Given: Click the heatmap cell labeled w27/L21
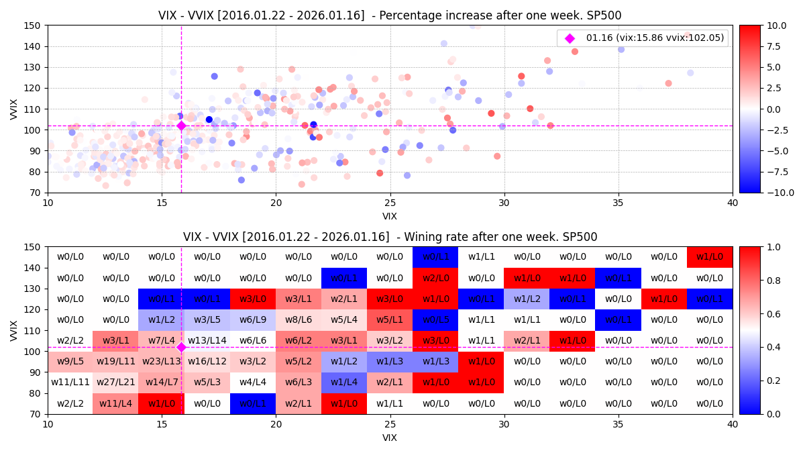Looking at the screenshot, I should coord(116,383).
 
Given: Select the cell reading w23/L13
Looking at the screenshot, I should coord(162,362).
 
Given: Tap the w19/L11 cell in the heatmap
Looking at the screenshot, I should coord(116,362).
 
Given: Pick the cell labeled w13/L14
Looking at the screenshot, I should coord(207,341).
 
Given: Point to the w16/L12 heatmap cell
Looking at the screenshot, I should coord(207,362).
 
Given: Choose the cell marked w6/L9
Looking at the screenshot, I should coord(253,320).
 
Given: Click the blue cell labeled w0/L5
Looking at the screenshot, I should coord(435,320).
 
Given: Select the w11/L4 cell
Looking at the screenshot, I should coord(116,403).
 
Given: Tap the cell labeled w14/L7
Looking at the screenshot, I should coord(162,383).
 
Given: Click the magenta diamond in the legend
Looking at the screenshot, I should coord(570,38).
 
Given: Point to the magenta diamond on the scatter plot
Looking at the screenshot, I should coord(181,125).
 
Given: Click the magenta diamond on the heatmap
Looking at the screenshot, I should coord(181,347).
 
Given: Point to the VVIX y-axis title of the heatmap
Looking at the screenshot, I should coord(15,330).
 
